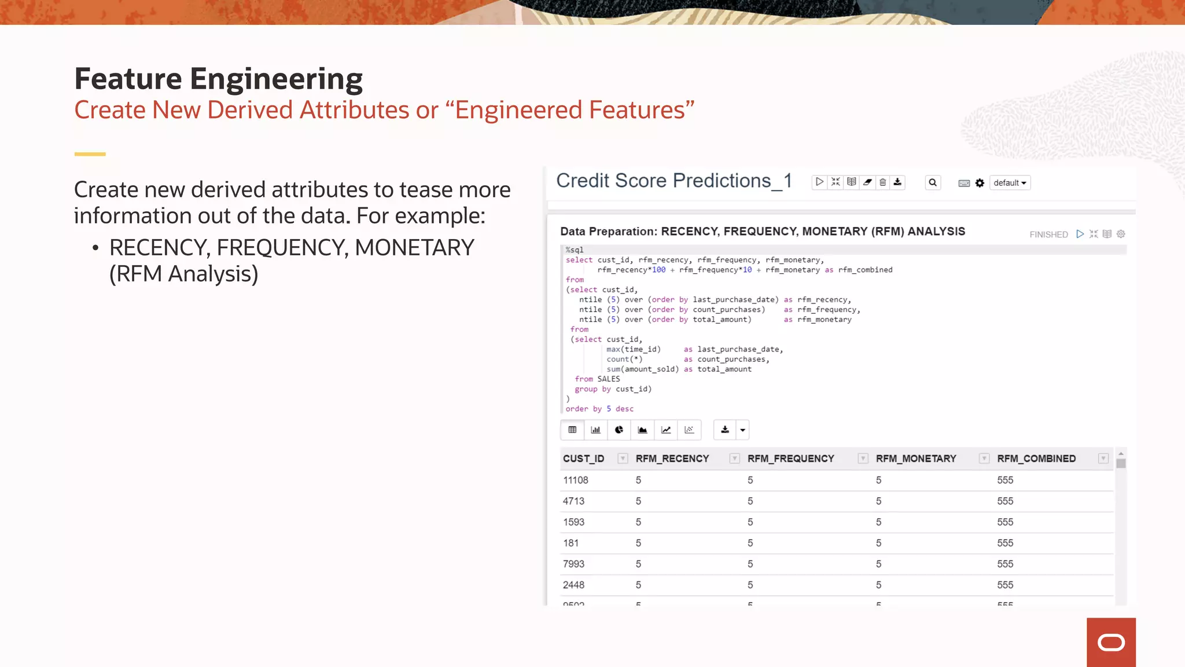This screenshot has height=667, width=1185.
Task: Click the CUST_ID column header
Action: tap(583, 459)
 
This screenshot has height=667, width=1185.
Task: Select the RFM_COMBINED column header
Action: tap(1036, 459)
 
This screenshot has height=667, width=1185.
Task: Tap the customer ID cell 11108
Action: tap(575, 480)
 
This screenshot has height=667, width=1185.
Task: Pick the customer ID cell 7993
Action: tap(573, 564)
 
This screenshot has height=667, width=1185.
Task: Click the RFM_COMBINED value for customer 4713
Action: tap(1005, 501)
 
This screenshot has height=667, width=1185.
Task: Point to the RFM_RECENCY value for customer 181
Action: tap(638, 543)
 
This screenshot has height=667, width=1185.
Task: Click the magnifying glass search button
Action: tap(933, 183)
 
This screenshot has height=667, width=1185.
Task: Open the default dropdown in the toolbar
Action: tap(1010, 183)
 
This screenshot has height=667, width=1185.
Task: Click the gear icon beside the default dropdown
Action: tap(980, 183)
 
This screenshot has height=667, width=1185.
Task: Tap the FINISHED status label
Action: tap(1048, 234)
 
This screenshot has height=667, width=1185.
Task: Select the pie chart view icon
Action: tap(619, 430)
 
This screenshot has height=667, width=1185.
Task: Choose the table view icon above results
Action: tap(572, 430)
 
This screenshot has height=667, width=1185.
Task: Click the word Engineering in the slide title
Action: tap(276, 79)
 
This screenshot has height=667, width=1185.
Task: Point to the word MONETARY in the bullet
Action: tap(414, 248)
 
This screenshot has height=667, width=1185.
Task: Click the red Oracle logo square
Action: tap(1111, 642)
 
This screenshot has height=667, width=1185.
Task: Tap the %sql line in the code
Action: tap(575, 250)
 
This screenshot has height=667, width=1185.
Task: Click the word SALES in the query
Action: tap(609, 379)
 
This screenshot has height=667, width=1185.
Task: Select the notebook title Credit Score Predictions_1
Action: tap(674, 181)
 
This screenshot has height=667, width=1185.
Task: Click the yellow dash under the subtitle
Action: tap(90, 154)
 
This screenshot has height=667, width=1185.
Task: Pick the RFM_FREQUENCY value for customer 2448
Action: tap(750, 585)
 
